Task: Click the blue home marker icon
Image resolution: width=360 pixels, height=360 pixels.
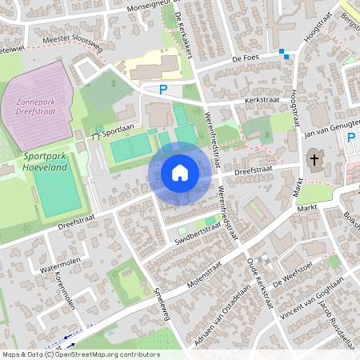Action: [180, 173]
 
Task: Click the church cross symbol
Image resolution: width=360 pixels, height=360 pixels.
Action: [314, 159]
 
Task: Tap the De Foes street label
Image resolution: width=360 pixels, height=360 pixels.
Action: [248, 58]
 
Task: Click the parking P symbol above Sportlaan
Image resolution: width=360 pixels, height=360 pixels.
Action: [163, 90]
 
